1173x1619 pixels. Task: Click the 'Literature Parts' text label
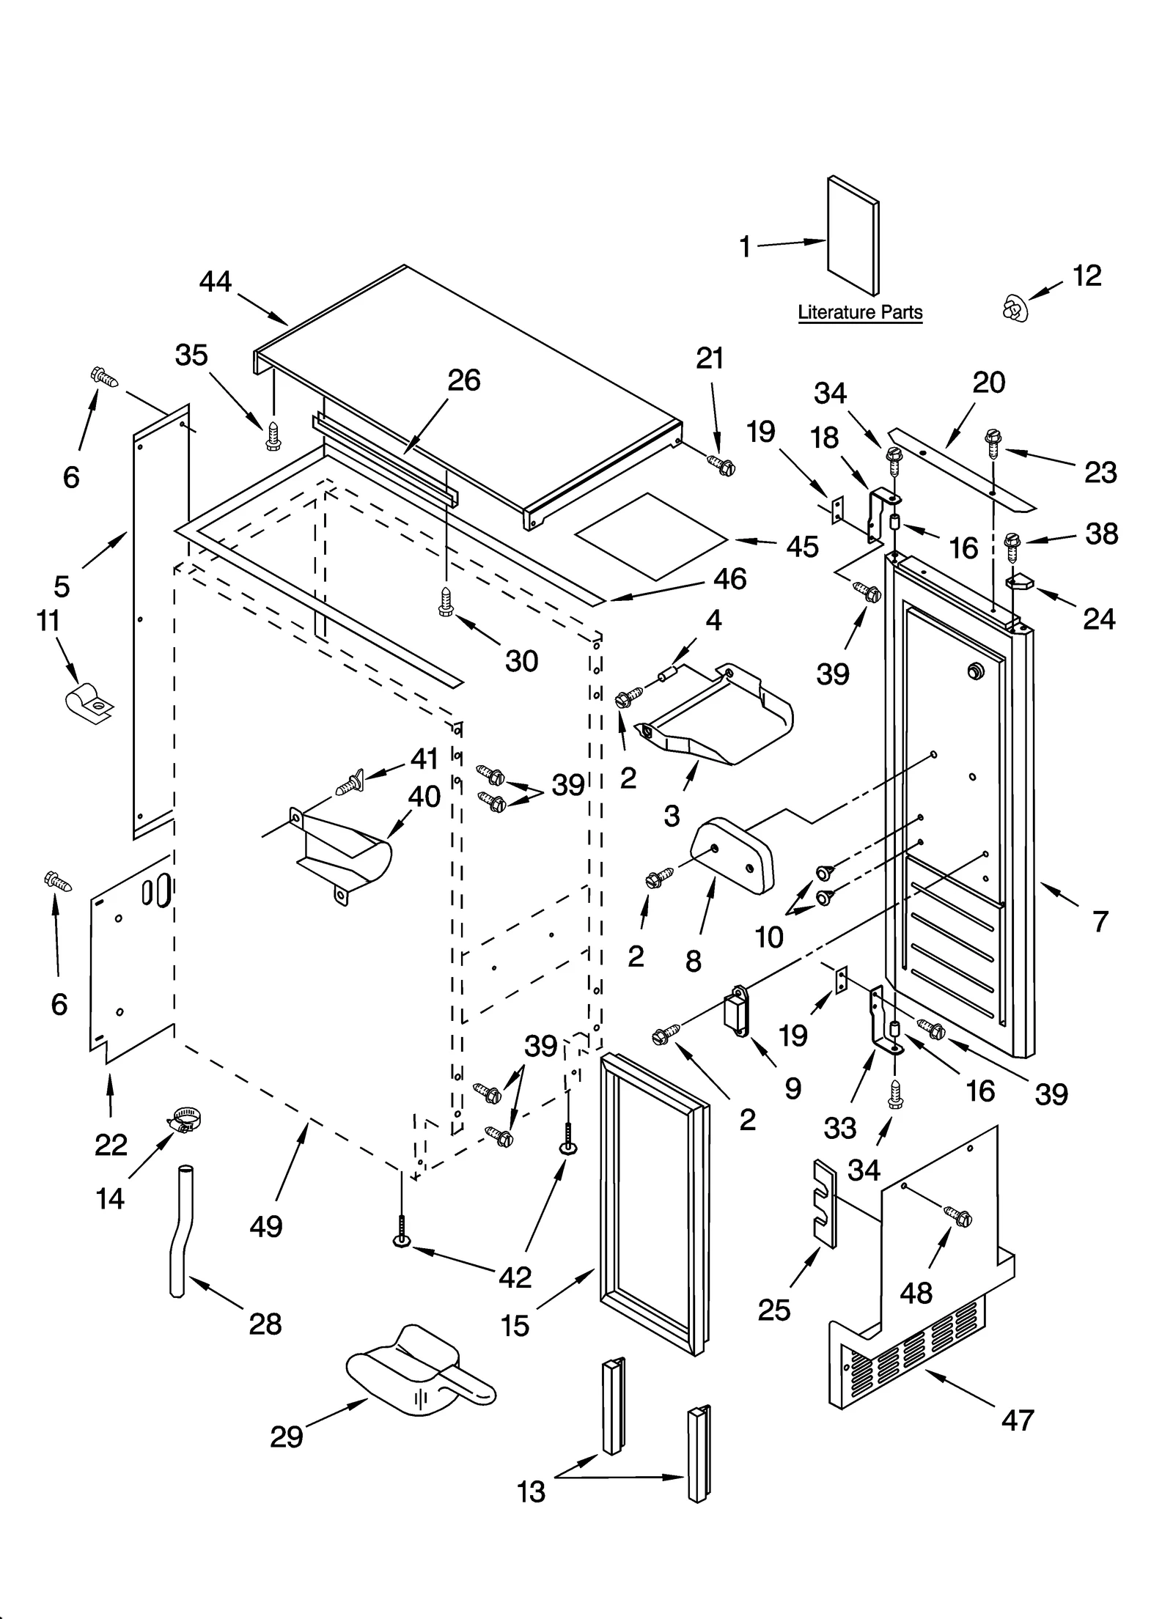(859, 312)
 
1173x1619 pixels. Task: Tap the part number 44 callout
(215, 282)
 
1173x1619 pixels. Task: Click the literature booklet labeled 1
(853, 236)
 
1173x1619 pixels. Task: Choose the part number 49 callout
(265, 1225)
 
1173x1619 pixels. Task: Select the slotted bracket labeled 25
(824, 1203)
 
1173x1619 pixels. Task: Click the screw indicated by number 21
(721, 464)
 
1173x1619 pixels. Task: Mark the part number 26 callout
(463, 380)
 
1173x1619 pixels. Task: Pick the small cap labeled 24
(1019, 581)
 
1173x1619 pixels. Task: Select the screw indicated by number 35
(273, 435)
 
